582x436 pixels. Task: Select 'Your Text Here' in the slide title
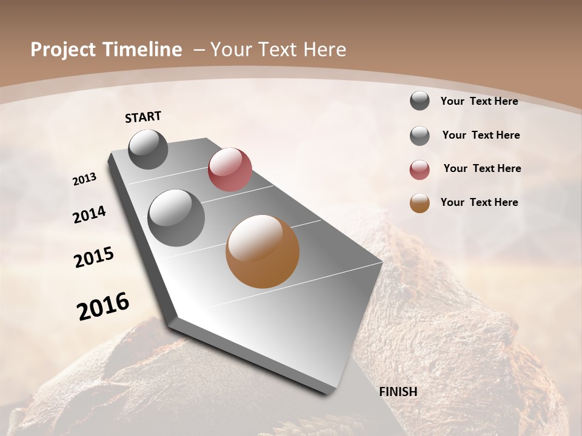pos(278,50)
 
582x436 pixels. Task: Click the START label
pos(143,117)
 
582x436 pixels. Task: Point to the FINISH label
pos(398,392)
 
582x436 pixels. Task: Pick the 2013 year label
pos(85,179)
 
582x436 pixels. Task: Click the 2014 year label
pos(90,214)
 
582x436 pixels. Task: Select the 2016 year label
pos(103,306)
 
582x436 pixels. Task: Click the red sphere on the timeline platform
pos(230,170)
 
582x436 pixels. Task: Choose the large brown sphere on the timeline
pos(263,251)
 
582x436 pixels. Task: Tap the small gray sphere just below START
pos(148,149)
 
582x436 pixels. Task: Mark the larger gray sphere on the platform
pos(176,218)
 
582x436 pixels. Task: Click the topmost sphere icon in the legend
pos(420,101)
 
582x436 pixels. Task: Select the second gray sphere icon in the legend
pos(420,136)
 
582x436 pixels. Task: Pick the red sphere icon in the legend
pos(420,170)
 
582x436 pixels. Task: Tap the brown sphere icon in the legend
pos(420,203)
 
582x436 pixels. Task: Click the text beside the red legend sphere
pos(482,168)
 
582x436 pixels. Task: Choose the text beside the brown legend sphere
pos(480,202)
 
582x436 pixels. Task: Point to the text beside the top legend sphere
pos(480,101)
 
